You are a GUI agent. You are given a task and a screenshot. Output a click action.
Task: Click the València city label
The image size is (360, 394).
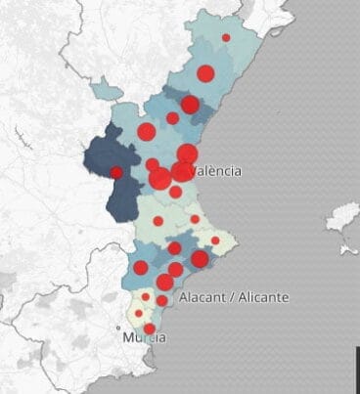(x=216, y=171)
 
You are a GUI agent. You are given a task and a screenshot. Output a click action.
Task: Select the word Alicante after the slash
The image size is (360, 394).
(x=261, y=297)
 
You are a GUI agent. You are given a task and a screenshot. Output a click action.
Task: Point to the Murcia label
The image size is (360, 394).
(x=145, y=337)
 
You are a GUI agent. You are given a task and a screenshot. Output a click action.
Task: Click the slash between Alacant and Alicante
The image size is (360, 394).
(x=231, y=297)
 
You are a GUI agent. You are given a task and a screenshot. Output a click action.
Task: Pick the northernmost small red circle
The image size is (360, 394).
(x=226, y=37)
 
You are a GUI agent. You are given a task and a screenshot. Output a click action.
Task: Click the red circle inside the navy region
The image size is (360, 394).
(x=116, y=172)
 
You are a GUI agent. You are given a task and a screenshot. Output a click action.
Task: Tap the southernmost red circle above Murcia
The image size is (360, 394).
(x=149, y=328)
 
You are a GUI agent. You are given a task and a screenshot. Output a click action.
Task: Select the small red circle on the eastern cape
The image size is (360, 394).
(x=215, y=241)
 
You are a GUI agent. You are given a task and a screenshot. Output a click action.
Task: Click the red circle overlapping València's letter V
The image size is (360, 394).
(x=182, y=172)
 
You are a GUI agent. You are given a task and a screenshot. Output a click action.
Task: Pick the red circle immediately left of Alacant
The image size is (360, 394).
(x=162, y=300)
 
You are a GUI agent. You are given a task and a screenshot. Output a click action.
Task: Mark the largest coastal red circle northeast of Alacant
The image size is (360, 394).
(x=200, y=259)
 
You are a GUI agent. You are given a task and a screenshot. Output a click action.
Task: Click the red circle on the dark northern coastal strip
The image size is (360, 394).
(x=190, y=105)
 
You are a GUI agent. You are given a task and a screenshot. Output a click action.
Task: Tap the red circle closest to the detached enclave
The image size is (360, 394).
(x=147, y=132)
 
